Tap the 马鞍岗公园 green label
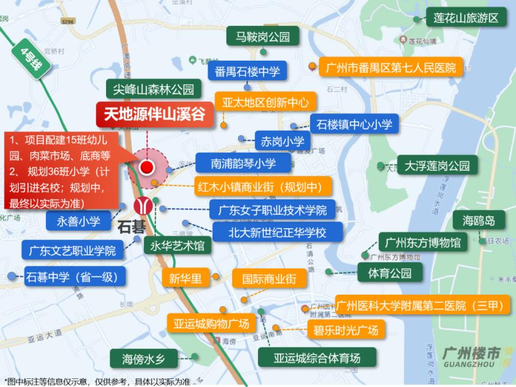263,38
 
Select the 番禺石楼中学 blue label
247,71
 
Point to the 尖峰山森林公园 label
154,89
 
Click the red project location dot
147,167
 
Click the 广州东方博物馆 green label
423,243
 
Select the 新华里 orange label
185,279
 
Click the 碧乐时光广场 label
345,330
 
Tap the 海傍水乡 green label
143,359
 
